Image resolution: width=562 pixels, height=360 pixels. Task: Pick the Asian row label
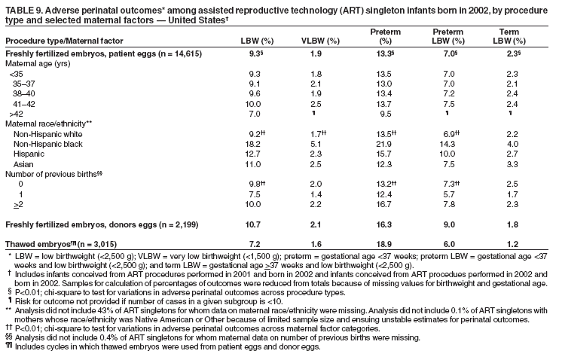(x=23, y=163)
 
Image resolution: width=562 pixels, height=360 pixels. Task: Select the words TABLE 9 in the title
(x=24, y=9)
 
